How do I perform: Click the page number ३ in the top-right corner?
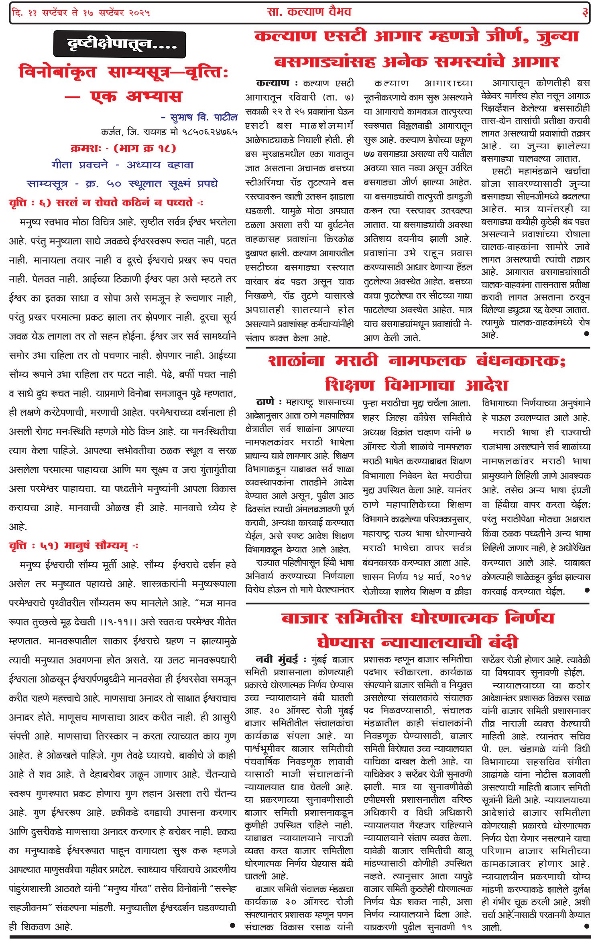coord(585,12)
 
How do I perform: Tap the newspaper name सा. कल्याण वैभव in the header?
coord(309,12)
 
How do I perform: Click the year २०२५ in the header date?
coord(139,13)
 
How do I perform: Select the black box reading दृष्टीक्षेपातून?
coord(120,44)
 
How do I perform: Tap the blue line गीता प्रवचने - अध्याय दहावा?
coord(122,165)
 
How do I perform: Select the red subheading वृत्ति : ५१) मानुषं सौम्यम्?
coord(74,546)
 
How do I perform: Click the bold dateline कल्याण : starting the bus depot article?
coord(273,83)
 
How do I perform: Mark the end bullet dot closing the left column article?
coord(232,925)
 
